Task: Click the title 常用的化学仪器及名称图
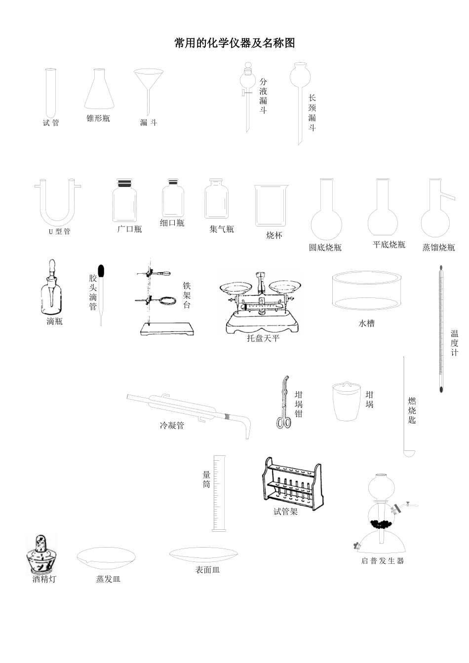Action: pyautogui.click(x=234, y=43)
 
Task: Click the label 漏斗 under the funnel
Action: pyautogui.click(x=148, y=123)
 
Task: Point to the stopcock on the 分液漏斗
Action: pyautogui.click(x=245, y=92)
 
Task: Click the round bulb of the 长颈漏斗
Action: pyautogui.click(x=299, y=75)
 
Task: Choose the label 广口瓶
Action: pyautogui.click(x=130, y=229)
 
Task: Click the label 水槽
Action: pyautogui.click(x=366, y=324)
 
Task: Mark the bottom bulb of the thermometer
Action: pyautogui.click(x=441, y=389)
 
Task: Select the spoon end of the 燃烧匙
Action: pyautogui.click(x=409, y=452)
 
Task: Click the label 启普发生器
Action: pyautogui.click(x=383, y=561)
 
